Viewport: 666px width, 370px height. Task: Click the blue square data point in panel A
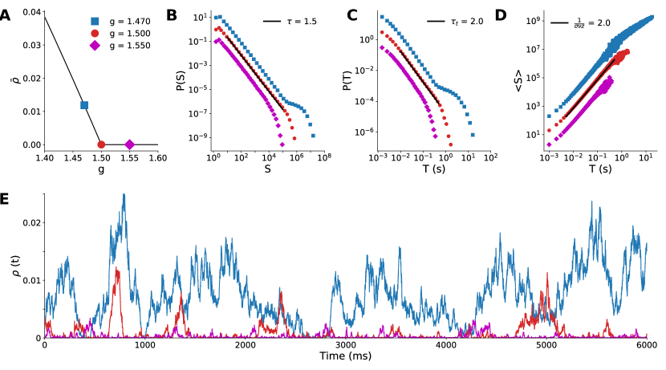point(84,105)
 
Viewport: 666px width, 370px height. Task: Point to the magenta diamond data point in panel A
point(129,144)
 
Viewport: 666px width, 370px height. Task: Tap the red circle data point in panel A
point(101,144)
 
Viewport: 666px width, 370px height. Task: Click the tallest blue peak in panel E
point(124,194)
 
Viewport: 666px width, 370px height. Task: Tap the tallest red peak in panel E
point(119,269)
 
